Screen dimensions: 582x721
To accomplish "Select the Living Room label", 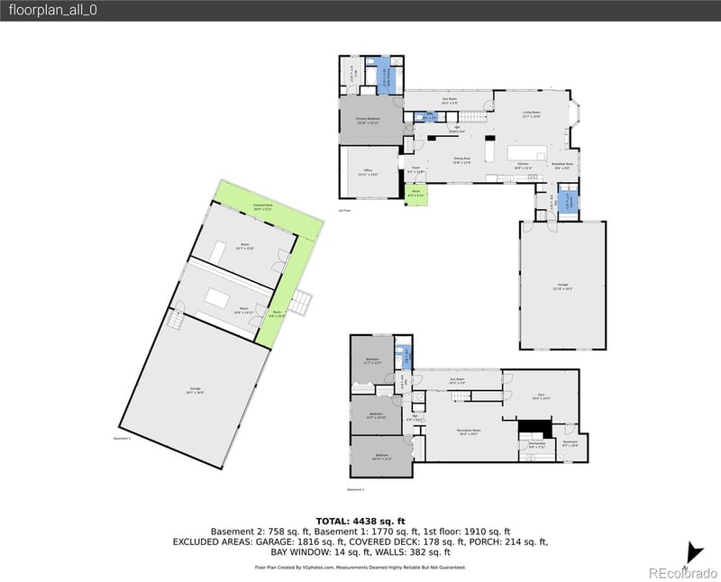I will (531, 115).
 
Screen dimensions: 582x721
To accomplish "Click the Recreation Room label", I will (467, 432).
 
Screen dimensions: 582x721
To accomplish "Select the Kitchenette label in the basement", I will (536, 445).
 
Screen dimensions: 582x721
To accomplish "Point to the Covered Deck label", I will (264, 208).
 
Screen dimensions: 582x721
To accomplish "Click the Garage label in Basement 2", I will (195, 390).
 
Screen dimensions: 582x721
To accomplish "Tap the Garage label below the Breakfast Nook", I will (562, 288).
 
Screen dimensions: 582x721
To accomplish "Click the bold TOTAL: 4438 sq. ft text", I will (360, 521).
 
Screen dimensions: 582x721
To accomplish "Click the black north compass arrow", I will (694, 550).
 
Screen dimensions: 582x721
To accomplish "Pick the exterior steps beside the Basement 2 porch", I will (304, 305).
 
